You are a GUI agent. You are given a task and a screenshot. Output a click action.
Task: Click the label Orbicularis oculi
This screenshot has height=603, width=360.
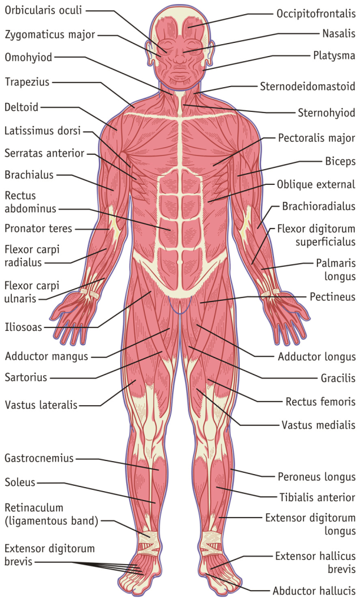tap(43, 10)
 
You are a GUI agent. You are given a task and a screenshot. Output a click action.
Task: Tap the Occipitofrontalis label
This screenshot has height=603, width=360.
tap(316, 14)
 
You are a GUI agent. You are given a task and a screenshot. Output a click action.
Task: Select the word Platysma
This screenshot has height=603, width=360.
tap(334, 56)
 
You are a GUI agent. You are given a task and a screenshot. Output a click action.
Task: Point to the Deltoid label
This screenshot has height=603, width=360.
tap(22, 107)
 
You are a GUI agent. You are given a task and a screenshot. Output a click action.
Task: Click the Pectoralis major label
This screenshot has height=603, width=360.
tap(316, 138)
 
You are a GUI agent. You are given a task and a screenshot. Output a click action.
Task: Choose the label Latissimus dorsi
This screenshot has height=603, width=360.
tap(42, 131)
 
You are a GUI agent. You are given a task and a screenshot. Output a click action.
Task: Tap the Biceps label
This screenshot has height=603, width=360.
tap(341, 161)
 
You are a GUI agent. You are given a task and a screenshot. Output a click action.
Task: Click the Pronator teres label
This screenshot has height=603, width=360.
tap(38, 228)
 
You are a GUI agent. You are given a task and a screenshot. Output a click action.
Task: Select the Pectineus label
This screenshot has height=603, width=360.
tap(333, 297)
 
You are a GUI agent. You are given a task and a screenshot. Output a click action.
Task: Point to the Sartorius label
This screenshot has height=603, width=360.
tap(26, 377)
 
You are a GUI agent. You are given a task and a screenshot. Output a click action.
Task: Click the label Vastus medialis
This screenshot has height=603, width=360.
tap(318, 425)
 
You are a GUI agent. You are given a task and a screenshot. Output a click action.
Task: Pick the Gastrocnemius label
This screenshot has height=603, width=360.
tap(39, 458)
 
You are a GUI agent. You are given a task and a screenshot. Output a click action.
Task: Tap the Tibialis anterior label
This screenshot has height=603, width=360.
tap(318, 497)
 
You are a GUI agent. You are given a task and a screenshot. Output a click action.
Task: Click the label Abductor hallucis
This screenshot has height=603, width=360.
tap(314, 591)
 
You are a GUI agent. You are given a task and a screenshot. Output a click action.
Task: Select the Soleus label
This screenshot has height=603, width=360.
tap(20, 482)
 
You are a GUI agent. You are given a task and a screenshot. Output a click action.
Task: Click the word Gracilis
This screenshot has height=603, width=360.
tap(338, 379)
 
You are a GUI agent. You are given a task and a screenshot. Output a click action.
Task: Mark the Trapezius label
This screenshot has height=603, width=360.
tap(27, 82)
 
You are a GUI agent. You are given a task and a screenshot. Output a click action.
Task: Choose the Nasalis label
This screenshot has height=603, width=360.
tap(339, 34)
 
